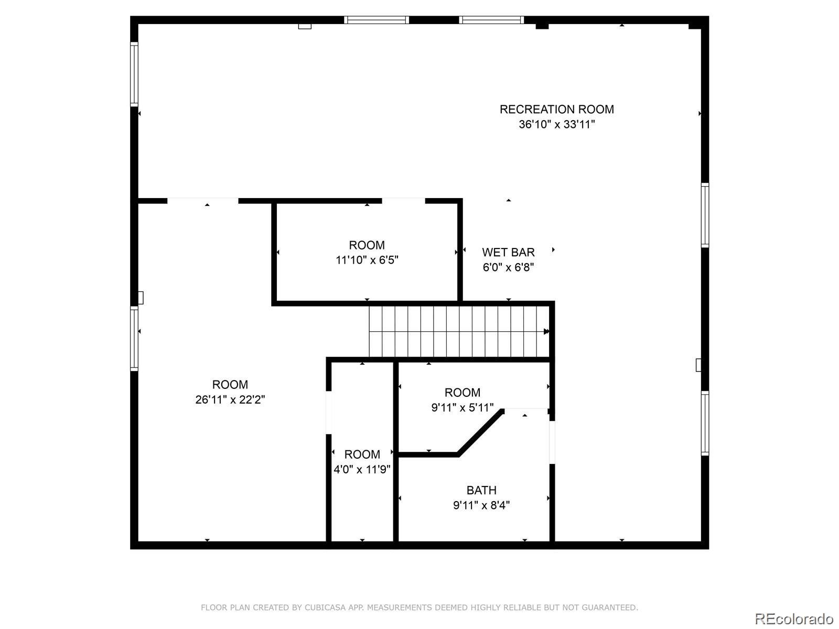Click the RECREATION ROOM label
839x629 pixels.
(556, 110)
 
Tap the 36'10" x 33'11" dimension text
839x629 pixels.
(556, 125)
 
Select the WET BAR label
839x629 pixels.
(508, 253)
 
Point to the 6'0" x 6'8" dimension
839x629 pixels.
(508, 267)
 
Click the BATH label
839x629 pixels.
(481, 491)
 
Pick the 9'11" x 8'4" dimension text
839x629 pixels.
(481, 506)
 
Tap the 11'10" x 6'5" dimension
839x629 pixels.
(367, 260)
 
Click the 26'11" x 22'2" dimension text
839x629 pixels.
(230, 400)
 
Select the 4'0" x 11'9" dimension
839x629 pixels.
(362, 469)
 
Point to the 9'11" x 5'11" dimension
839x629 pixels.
(462, 408)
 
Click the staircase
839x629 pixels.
(459, 331)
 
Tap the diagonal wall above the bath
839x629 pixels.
(481, 431)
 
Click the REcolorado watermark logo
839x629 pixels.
(794, 619)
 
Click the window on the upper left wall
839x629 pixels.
(134, 74)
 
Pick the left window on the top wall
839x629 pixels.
(377, 20)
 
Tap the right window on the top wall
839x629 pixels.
(491, 20)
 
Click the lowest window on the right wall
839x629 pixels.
(705, 423)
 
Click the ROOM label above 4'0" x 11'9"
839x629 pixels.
(362, 454)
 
